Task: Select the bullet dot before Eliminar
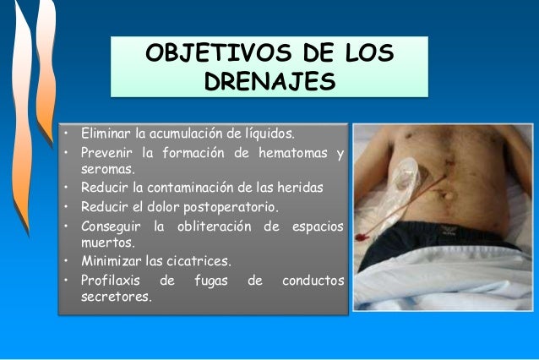click(x=65, y=134)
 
